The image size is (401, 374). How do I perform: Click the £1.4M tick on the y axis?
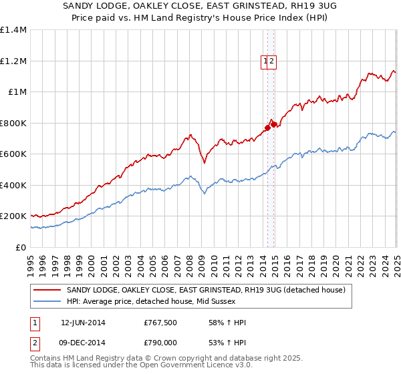13,30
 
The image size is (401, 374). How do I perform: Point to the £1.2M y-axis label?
13,61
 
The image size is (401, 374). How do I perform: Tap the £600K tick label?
13,154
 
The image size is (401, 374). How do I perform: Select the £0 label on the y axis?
21,247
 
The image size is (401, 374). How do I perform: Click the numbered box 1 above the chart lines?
266,61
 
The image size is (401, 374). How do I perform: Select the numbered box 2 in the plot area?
273,61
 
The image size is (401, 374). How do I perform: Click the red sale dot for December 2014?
273,125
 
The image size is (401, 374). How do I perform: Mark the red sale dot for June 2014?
267,127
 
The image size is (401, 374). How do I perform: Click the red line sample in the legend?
47,290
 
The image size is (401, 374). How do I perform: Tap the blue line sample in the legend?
47,301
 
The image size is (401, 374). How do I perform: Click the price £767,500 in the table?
160,323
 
